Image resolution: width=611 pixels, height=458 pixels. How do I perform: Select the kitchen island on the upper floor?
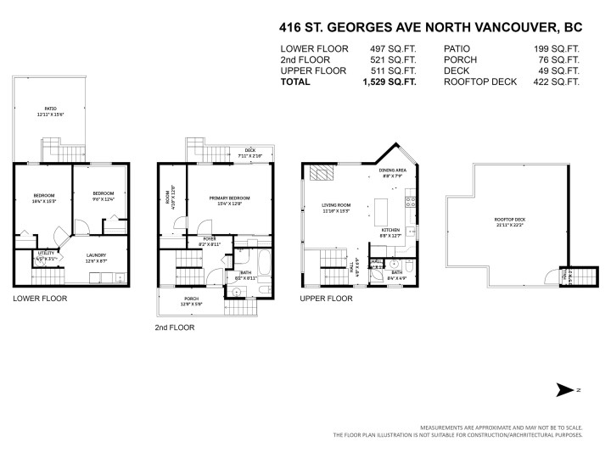[379, 209]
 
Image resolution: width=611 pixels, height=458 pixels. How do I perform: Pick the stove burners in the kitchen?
[411, 203]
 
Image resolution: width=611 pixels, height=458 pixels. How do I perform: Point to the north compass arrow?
[564, 389]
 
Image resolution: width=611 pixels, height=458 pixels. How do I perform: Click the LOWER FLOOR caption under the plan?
[40, 299]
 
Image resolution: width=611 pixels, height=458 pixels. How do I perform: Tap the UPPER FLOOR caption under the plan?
[327, 299]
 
